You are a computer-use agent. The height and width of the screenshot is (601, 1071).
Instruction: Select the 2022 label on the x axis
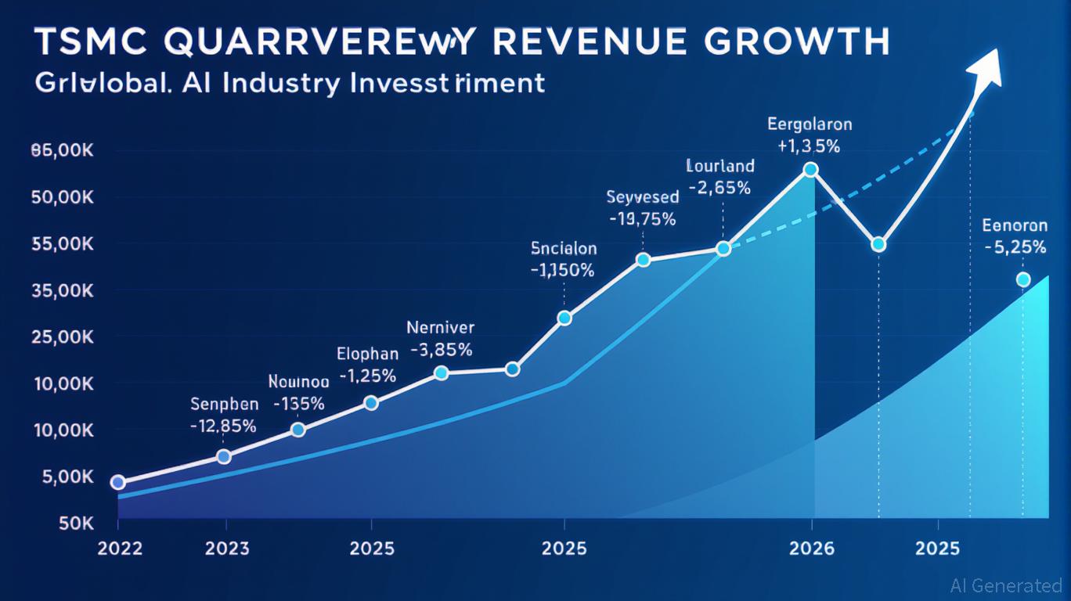(x=120, y=548)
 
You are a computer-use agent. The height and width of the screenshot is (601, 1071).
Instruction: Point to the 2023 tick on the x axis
(x=227, y=548)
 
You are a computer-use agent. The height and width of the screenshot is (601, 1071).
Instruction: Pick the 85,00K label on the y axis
(x=63, y=152)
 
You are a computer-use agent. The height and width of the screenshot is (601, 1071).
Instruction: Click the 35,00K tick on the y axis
(x=63, y=291)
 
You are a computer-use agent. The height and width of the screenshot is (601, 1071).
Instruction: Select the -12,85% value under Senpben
(x=224, y=426)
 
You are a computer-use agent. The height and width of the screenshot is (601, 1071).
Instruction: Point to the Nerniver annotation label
(x=441, y=328)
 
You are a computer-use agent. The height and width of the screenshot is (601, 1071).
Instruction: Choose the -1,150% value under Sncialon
(x=562, y=271)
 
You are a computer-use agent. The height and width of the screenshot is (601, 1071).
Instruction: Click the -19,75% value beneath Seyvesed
(x=641, y=220)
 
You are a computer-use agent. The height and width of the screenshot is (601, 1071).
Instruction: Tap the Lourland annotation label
(x=720, y=166)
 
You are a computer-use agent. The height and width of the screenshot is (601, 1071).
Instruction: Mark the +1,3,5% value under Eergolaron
(x=810, y=146)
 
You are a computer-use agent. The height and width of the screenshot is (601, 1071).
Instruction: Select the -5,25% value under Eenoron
(x=1015, y=247)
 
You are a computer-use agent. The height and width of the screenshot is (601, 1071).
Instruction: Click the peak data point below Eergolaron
(x=811, y=170)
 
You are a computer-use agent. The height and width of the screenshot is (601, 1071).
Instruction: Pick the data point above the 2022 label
(x=118, y=482)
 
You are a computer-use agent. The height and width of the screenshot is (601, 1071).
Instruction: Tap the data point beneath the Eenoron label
(x=1022, y=279)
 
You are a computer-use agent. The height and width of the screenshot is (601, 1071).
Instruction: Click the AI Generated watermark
(x=1005, y=585)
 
